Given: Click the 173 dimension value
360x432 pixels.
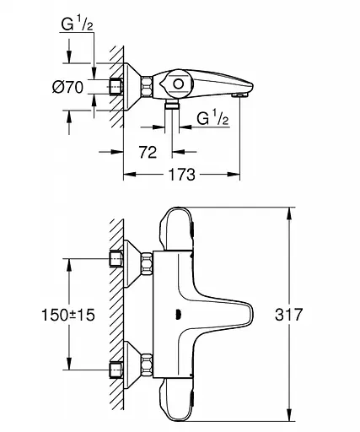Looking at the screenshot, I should (180, 174).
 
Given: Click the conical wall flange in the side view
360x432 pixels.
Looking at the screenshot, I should (132, 86).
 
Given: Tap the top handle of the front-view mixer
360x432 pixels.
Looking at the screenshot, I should (178, 228).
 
